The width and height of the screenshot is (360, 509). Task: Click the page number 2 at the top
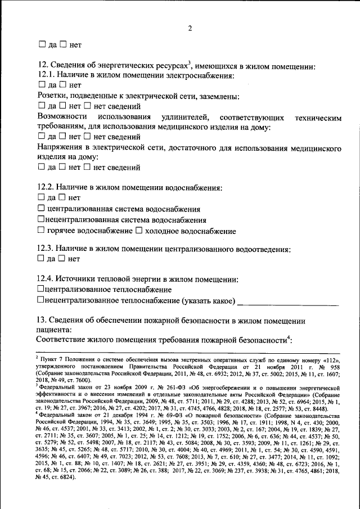pos(190,29)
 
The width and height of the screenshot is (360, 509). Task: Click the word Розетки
pos(53,96)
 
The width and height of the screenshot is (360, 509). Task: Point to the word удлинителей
pos(185,117)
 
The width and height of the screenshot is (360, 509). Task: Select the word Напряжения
pos(61,148)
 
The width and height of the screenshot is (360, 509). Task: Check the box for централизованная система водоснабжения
pos(40,209)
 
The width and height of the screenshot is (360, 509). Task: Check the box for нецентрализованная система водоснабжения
pos(40,220)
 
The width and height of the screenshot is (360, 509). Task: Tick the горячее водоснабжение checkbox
pos(40,231)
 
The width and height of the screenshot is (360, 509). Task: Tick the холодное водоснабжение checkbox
pos(139,231)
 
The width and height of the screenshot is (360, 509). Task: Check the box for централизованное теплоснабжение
pos(40,289)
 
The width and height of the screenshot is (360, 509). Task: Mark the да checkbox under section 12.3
pos(40,259)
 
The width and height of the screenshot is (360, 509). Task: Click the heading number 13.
pos(43,321)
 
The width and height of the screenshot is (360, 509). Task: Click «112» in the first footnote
pos(332,358)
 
